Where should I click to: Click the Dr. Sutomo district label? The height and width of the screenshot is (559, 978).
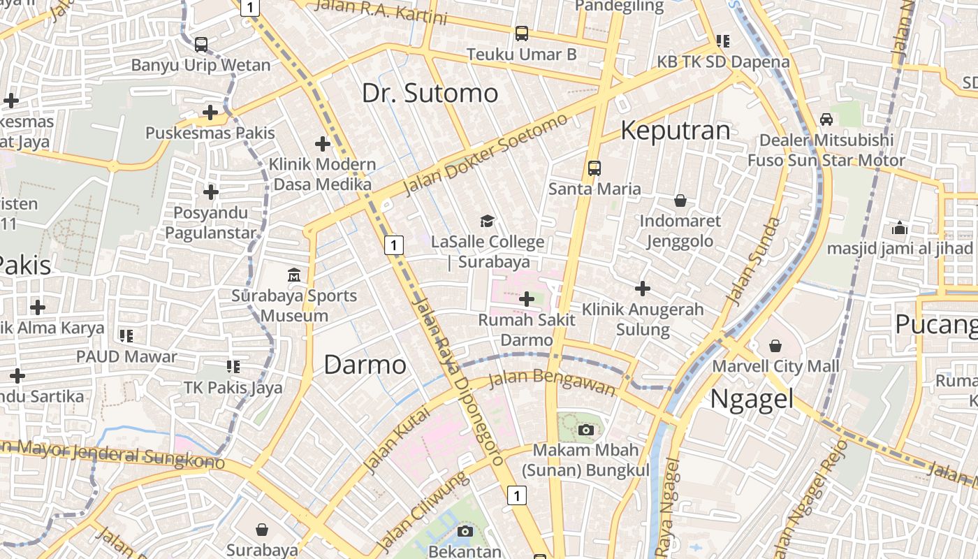pos(430,93)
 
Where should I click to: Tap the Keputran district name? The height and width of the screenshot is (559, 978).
pos(675,131)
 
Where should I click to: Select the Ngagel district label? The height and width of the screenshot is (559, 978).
pos(752,399)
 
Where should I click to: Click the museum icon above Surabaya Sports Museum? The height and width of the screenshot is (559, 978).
pos(294,275)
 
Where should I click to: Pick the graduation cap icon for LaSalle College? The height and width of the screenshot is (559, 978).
pos(487,222)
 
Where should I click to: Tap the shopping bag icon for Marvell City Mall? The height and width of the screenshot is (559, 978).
pos(775,346)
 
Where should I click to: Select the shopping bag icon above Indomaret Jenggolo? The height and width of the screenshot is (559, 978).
pos(680,201)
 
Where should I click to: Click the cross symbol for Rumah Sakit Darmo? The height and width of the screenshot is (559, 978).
pos(527,300)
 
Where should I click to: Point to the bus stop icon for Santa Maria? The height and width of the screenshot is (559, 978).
pos(594,168)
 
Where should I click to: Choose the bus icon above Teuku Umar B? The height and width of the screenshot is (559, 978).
pos(522,34)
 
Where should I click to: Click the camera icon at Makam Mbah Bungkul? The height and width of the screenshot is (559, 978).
pos(586,430)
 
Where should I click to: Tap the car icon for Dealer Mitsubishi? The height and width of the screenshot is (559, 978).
pos(826,119)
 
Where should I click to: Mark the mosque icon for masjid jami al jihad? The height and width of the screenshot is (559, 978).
pos(900,228)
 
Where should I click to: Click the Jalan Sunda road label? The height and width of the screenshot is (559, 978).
pos(753,261)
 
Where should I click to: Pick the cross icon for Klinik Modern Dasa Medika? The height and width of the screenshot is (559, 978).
pos(323,145)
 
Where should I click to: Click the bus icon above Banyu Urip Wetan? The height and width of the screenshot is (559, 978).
pos(201,45)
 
